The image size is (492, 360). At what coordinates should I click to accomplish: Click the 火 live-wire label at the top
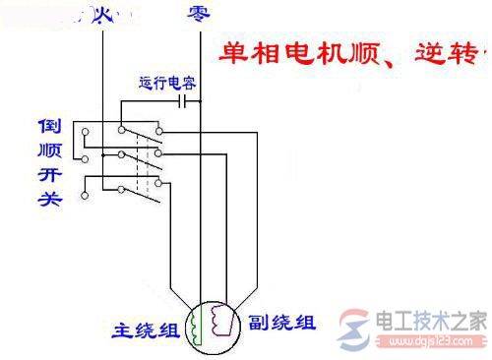click(104, 14)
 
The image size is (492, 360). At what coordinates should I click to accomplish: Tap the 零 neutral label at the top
click(197, 14)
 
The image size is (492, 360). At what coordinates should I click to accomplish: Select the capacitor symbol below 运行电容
click(185, 99)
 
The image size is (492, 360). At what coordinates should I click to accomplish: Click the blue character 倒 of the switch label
click(50, 129)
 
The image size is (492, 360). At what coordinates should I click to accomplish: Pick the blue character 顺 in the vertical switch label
click(50, 152)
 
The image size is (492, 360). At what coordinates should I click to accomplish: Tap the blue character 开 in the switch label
click(50, 176)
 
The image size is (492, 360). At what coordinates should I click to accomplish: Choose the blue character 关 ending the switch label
click(50, 199)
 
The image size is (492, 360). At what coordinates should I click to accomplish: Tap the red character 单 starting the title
click(227, 51)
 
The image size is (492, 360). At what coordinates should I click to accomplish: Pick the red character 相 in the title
click(260, 51)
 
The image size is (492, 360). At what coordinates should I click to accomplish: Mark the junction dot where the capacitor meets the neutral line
click(199, 99)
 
